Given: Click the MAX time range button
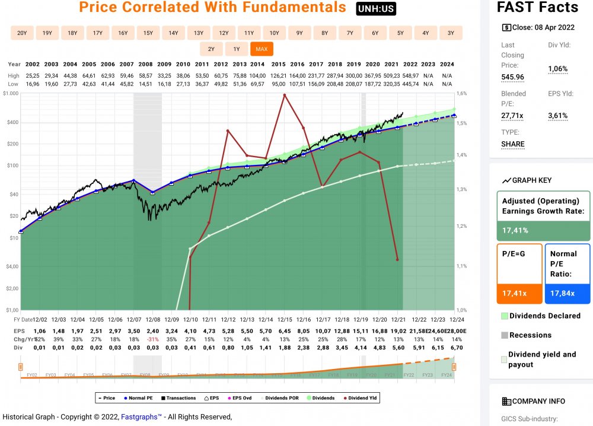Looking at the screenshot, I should (x=261, y=49).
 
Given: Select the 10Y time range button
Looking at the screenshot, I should (x=274, y=33).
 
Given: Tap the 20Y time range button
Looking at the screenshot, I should (x=22, y=33).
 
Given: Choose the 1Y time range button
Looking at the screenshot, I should (x=236, y=49).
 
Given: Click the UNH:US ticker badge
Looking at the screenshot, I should (x=376, y=9).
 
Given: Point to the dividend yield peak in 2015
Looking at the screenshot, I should (x=285, y=94).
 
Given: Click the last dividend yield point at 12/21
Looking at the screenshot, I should (x=397, y=259).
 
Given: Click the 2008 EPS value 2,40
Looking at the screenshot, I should (x=153, y=330).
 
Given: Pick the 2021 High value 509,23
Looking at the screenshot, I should (x=392, y=76).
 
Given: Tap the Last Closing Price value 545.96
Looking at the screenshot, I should (x=513, y=77).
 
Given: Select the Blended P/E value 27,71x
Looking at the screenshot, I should (x=513, y=116).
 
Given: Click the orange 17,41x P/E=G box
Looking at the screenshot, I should (x=519, y=293).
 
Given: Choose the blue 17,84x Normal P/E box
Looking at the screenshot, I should (x=567, y=293).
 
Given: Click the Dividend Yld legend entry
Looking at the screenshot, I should (x=362, y=398).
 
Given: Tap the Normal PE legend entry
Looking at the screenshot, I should (x=138, y=398).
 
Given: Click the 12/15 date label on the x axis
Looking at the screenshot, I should (x=285, y=320).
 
